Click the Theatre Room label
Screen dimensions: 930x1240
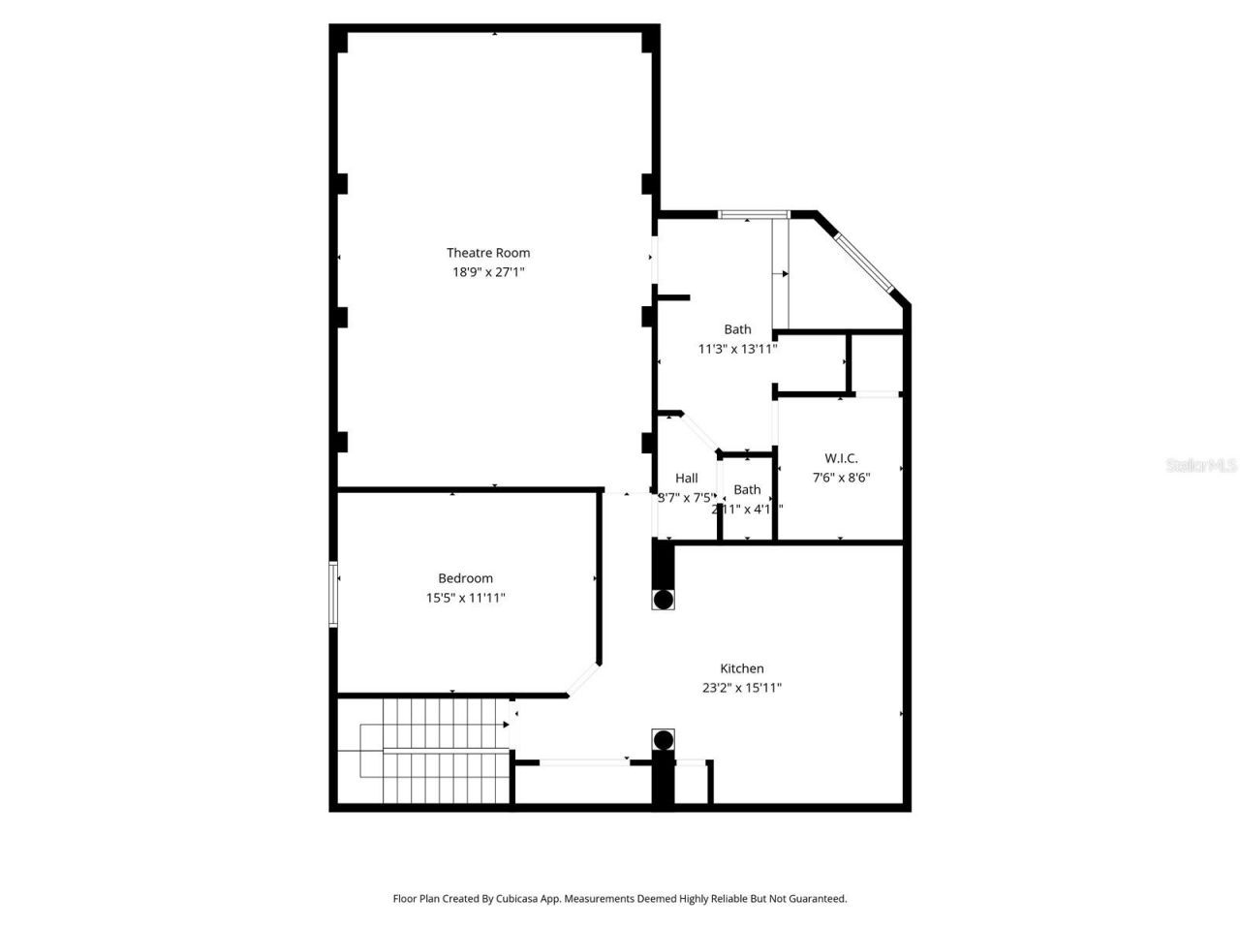[488, 253]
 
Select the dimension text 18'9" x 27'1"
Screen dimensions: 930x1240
[488, 272]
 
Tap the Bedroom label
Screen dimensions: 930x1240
[465, 578]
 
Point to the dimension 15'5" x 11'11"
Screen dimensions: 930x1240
[465, 598]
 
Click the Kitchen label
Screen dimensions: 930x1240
[741, 668]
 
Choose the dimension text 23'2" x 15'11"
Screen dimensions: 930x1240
[741, 688]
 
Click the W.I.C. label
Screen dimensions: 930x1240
[841, 458]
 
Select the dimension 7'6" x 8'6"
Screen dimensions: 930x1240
[841, 477]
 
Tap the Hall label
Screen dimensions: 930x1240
[686, 478]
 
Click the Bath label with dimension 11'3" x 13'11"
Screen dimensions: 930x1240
[737, 329]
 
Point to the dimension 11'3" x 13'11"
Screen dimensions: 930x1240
[737, 349]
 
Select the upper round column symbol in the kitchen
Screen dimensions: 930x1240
[663, 600]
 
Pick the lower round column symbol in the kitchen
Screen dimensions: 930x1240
[663, 741]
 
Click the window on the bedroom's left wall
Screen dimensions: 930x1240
[333, 594]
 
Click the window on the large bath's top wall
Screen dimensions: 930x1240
[754, 214]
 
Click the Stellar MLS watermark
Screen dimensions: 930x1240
[1201, 466]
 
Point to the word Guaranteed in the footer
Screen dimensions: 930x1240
[815, 899]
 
